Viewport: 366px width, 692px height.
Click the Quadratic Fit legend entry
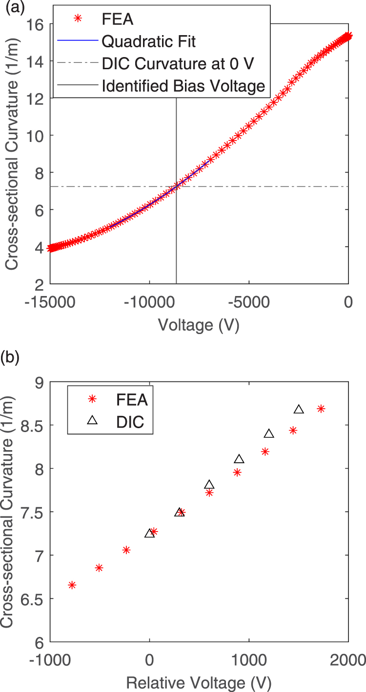148,41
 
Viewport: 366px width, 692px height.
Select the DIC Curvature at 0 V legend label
178,63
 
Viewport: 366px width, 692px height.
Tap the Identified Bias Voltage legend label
183,86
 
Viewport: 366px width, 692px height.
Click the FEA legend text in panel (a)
118,19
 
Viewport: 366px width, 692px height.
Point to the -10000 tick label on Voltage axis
150,302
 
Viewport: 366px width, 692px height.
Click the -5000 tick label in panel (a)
249,302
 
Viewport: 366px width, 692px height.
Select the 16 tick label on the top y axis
35,25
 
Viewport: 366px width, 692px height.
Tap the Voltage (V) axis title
199,325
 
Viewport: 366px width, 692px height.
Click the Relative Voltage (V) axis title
199,683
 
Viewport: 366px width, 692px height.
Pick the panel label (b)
10,357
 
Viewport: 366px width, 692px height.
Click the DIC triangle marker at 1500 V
299,409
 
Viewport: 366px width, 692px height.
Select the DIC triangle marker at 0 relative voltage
149,533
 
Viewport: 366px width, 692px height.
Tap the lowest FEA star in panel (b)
72,585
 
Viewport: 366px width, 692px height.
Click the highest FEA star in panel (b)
321,409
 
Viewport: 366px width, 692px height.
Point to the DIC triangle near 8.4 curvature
269,434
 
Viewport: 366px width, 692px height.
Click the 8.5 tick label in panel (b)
32,425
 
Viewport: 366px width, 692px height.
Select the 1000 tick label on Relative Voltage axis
249,660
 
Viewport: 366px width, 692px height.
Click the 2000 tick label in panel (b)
348,660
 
